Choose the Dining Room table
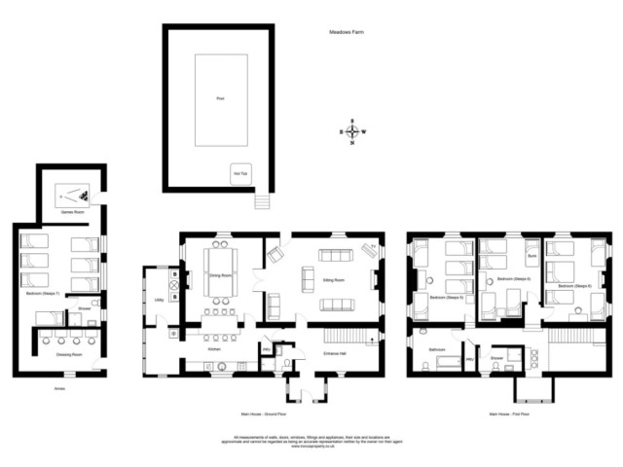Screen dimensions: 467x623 pyautogui.click(x=219, y=276)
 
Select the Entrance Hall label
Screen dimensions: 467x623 pyautogui.click(x=337, y=354)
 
